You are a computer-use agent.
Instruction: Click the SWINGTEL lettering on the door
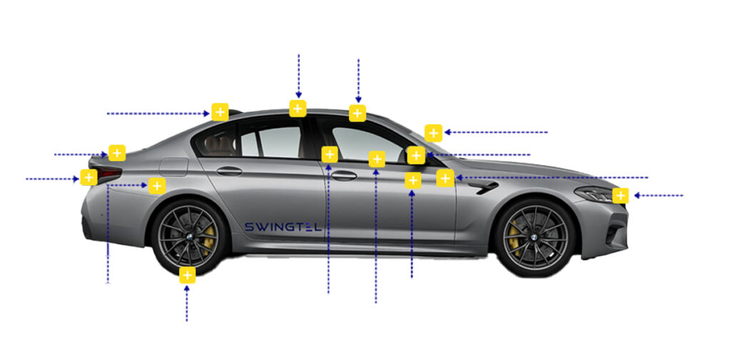pyautogui.click(x=283, y=227)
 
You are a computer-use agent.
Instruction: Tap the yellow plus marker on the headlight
pyautogui.click(x=620, y=196)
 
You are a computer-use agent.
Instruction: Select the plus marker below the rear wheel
pyautogui.click(x=187, y=275)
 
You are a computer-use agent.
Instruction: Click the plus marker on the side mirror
pyautogui.click(x=416, y=155)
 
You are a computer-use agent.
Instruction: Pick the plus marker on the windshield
pyautogui.click(x=433, y=134)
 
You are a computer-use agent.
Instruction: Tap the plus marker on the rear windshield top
pyautogui.click(x=220, y=112)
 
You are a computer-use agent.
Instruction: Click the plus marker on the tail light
pyautogui.click(x=89, y=177)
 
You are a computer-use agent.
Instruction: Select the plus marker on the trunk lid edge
pyautogui.click(x=117, y=153)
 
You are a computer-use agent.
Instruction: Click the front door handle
pyautogui.click(x=344, y=176)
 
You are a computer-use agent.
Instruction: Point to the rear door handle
pyautogui.click(x=229, y=171)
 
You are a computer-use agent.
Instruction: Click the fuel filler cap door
pyautogui.click(x=173, y=167)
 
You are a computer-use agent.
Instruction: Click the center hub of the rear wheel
pyautogui.click(x=190, y=237)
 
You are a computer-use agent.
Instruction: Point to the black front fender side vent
pyautogui.click(x=483, y=187)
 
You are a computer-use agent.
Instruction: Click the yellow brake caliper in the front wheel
pyautogui.click(x=514, y=238)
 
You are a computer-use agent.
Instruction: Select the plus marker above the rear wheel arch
pyautogui.click(x=157, y=186)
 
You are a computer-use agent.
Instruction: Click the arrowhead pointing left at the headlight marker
pyautogui.click(x=636, y=196)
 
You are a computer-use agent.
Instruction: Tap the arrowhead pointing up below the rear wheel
pyautogui.click(x=186, y=289)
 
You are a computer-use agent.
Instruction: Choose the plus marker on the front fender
pyautogui.click(x=445, y=178)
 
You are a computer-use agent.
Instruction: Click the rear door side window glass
pyautogui.click(x=271, y=141)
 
